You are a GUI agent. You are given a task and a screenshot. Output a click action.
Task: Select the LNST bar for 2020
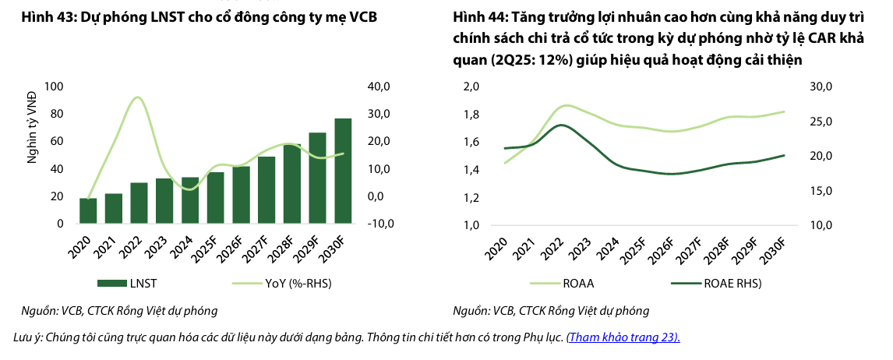[88, 210]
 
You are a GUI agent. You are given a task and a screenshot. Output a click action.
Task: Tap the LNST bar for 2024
[190, 200]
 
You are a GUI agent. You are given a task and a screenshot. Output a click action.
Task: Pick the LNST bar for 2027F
[266, 190]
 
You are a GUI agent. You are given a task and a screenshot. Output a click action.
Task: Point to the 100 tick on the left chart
[55, 86]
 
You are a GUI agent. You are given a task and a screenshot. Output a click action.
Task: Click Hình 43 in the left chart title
[32, 16]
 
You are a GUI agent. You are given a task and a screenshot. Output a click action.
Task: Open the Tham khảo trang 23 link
[623, 337]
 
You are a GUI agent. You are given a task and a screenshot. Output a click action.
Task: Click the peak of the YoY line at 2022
[137, 97]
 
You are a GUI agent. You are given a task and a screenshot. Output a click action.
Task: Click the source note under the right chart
[550, 311]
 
